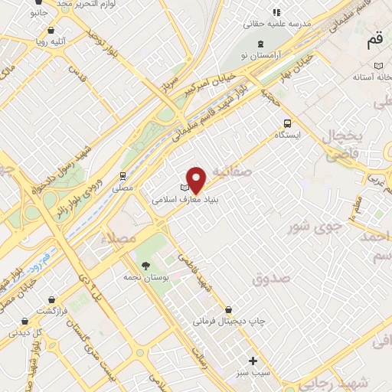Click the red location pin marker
click(197, 179)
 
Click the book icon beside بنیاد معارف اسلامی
click(184, 188)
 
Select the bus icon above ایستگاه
click(286, 122)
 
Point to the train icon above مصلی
click(122, 176)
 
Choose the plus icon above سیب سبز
click(253, 360)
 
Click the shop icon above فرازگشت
click(51, 300)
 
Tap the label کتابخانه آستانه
click(372, 78)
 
